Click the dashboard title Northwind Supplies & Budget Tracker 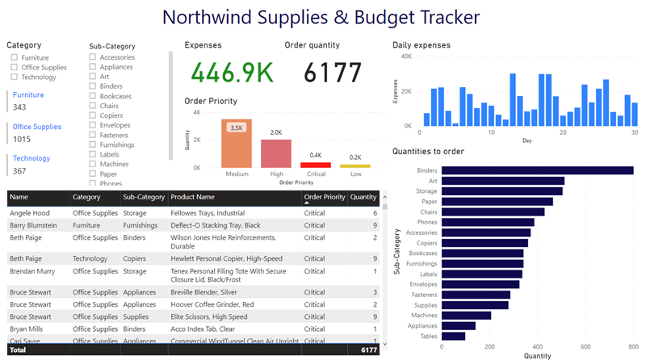tap(321, 17)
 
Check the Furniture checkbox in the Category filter tap(15, 58)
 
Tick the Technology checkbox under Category tap(15, 77)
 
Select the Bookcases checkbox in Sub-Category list tap(93, 96)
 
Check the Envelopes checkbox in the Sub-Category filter tap(93, 125)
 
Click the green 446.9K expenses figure tap(229, 73)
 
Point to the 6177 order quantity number tap(333, 73)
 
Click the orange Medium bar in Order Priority tap(237, 145)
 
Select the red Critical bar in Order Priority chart tap(315, 165)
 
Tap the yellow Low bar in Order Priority tap(354, 166)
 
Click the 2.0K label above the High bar tap(276, 132)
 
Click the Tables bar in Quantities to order tap(454, 336)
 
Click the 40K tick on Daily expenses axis tap(406, 57)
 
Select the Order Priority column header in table tap(324, 197)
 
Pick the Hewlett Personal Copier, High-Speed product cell tap(226, 258)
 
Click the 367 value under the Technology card tap(19, 171)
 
